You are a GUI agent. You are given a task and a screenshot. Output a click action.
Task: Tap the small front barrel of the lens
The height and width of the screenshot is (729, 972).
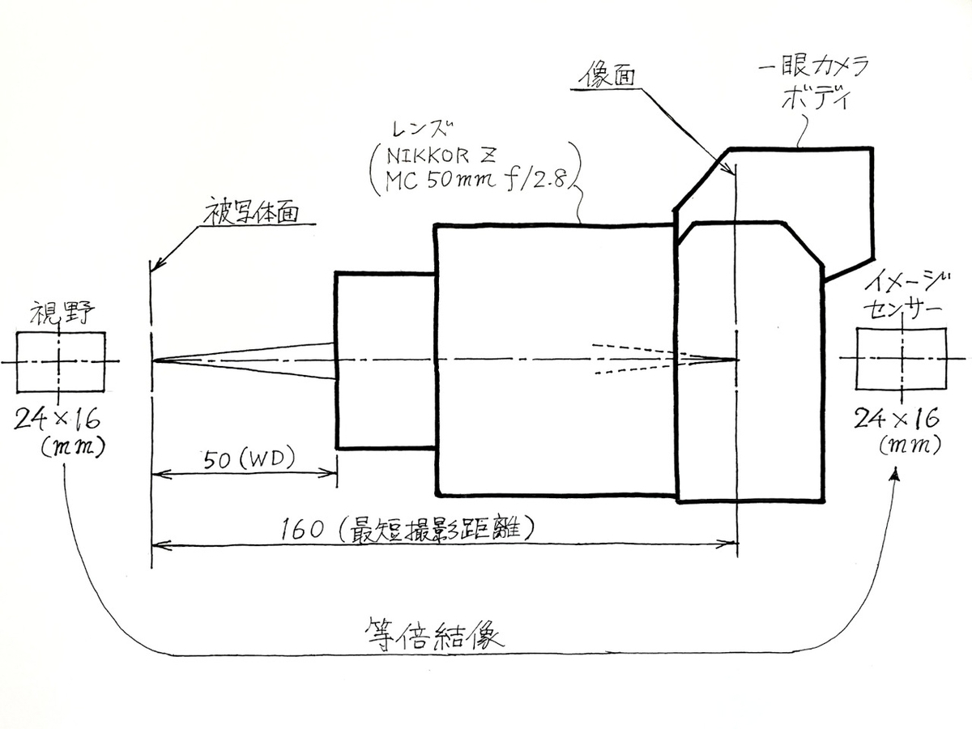coord(386,360)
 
